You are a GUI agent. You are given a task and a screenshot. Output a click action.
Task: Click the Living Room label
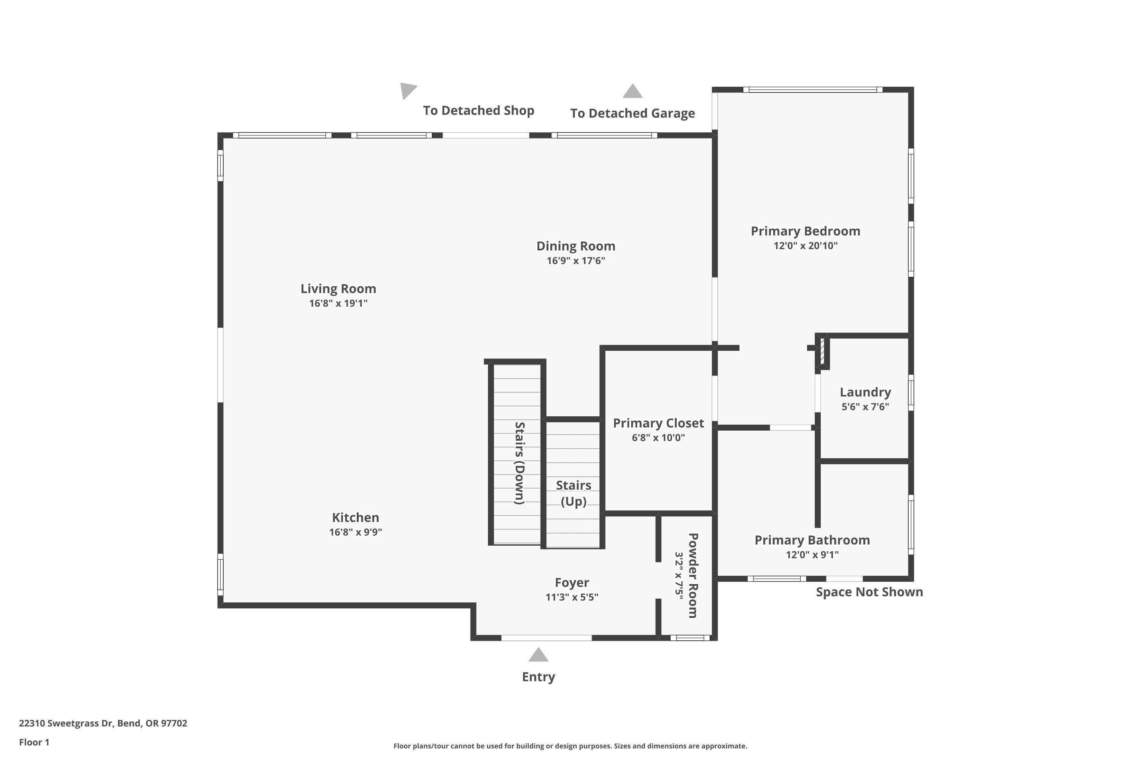coord(338,289)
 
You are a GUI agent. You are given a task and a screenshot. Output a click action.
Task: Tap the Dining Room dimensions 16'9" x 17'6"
coord(575,261)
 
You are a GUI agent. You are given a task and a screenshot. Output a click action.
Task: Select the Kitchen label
coord(355,517)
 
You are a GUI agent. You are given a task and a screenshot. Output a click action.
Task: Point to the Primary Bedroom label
coord(805,231)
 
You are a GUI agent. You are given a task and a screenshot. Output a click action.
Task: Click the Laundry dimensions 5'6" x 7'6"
coord(865,407)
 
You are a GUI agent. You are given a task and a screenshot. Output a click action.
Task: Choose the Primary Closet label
coord(658,423)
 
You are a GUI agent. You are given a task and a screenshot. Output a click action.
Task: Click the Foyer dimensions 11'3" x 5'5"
coord(572,597)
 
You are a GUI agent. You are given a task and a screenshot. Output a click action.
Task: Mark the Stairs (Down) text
coord(519,463)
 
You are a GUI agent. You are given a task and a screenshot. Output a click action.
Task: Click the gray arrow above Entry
coord(538,655)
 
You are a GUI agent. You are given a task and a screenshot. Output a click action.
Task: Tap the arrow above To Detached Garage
coord(632,91)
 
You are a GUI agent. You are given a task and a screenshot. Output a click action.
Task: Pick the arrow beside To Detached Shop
coord(407,90)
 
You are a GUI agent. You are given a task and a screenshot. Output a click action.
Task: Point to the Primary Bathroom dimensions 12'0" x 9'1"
coord(812,555)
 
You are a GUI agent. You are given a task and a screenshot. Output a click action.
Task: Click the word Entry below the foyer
coord(538,677)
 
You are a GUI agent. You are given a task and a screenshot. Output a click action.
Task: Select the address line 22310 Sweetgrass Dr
coord(103,723)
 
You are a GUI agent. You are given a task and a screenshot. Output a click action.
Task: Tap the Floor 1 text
coord(34,742)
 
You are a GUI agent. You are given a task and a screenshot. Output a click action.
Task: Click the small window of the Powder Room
coord(690,638)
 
